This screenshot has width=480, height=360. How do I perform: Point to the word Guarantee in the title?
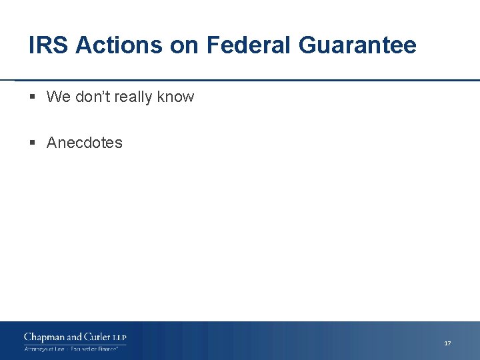point(357,45)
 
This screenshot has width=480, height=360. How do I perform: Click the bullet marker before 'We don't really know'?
point(33,97)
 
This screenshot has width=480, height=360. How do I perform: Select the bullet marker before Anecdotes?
point(33,143)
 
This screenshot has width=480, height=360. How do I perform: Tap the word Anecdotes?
point(85,143)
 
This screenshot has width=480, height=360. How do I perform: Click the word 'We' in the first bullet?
point(58,97)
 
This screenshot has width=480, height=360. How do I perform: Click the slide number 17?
point(447,343)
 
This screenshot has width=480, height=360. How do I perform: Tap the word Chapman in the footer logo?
point(44,337)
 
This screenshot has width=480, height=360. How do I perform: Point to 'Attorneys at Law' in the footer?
point(44,349)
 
